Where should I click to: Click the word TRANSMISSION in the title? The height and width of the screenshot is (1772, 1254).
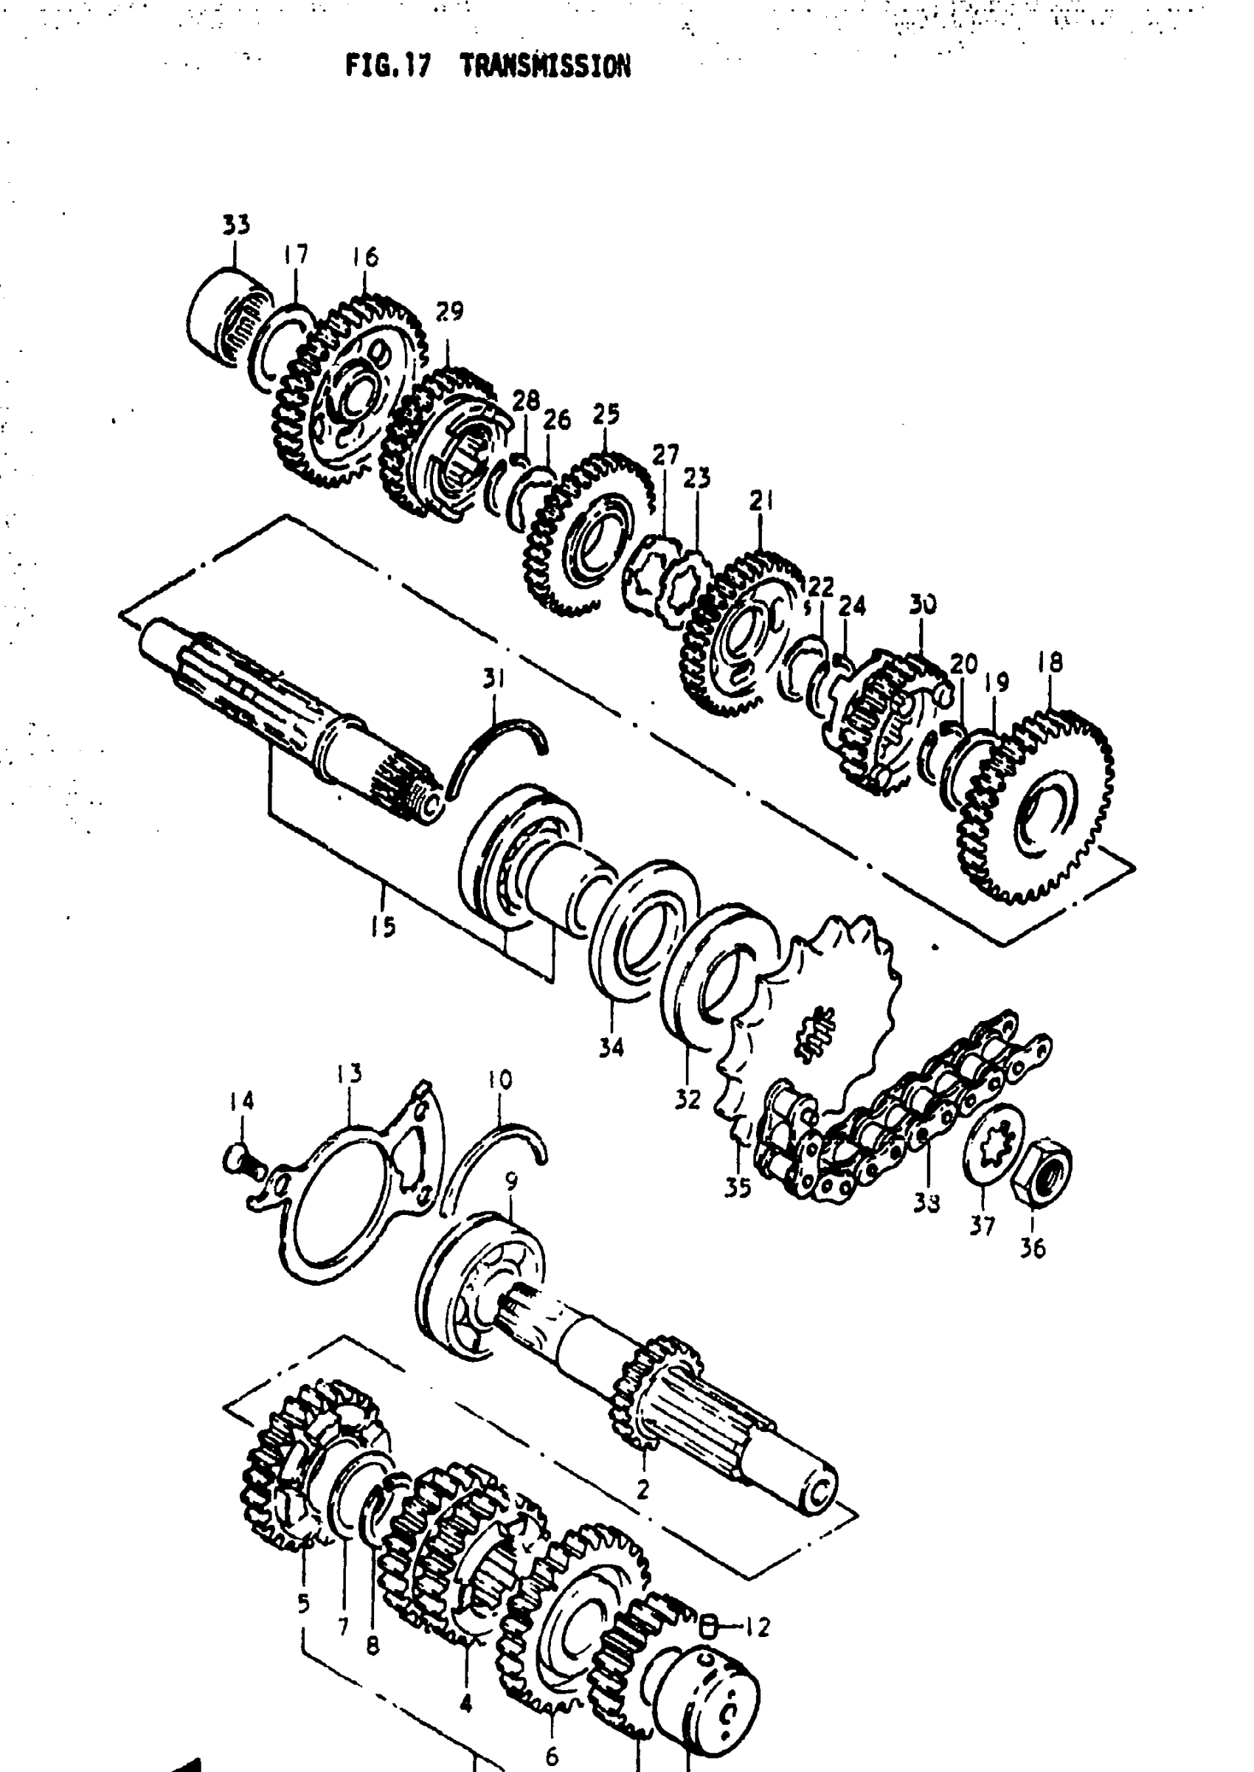point(545,67)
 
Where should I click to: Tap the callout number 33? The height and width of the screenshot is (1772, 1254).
point(236,225)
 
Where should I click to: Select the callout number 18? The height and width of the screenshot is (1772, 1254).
point(1050,662)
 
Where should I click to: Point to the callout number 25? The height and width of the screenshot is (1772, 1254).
point(606,414)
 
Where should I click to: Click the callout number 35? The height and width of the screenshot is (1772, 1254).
point(738,1188)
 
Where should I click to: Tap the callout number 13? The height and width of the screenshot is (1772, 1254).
point(349,1073)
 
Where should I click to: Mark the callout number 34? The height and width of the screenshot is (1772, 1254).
point(611,1048)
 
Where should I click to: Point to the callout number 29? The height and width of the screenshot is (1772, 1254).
point(449,311)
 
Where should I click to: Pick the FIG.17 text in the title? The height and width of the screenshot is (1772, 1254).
point(387,67)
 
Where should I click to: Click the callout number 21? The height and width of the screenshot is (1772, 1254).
point(761,501)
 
